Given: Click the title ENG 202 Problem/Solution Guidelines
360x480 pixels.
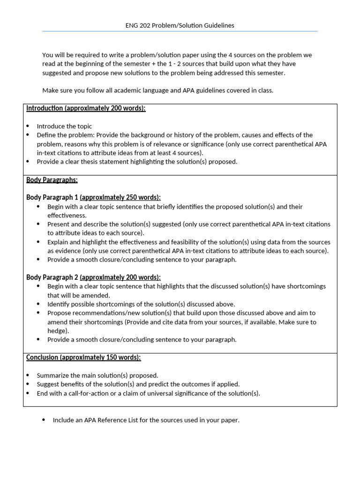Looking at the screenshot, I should point(180,25).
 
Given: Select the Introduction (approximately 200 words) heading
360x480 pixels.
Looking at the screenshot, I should point(86,108).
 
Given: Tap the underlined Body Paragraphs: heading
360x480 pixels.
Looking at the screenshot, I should point(52,180).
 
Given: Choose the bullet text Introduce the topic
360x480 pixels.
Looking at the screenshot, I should point(64,126).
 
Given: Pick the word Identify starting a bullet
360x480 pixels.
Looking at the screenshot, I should point(58,304).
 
